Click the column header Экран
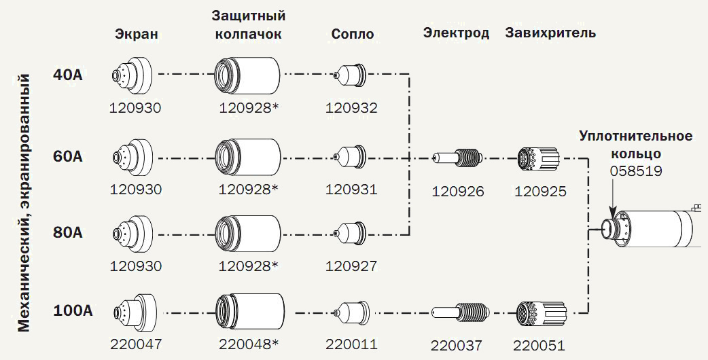coord(136,35)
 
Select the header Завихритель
coord(551,33)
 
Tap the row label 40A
coord(68,74)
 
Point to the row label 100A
coord(73,312)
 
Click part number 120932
coord(351,107)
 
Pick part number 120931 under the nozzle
coord(351,189)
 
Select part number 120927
coord(351,266)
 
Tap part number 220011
coord(351,344)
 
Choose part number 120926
coord(459,192)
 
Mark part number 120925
coord(541,192)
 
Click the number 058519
coord(636,171)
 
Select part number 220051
coord(539,346)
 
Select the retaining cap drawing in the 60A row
coord(247,157)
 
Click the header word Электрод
coord(457,33)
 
